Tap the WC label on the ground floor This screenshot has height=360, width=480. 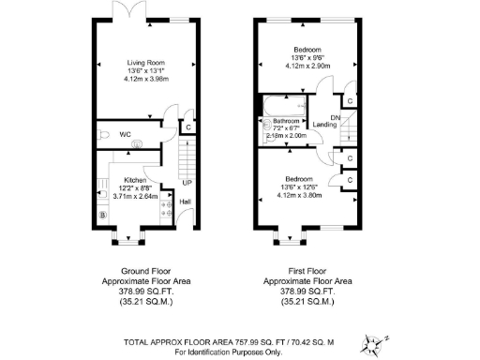point(126,134)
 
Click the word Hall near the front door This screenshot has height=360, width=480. point(185,201)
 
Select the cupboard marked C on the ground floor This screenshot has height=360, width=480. point(187,127)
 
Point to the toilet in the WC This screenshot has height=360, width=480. point(106,134)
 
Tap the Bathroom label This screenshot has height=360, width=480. point(286,122)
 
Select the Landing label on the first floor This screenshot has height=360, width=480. point(324,125)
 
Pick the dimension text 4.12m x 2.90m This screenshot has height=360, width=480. point(307,66)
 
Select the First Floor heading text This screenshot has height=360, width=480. point(307,271)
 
